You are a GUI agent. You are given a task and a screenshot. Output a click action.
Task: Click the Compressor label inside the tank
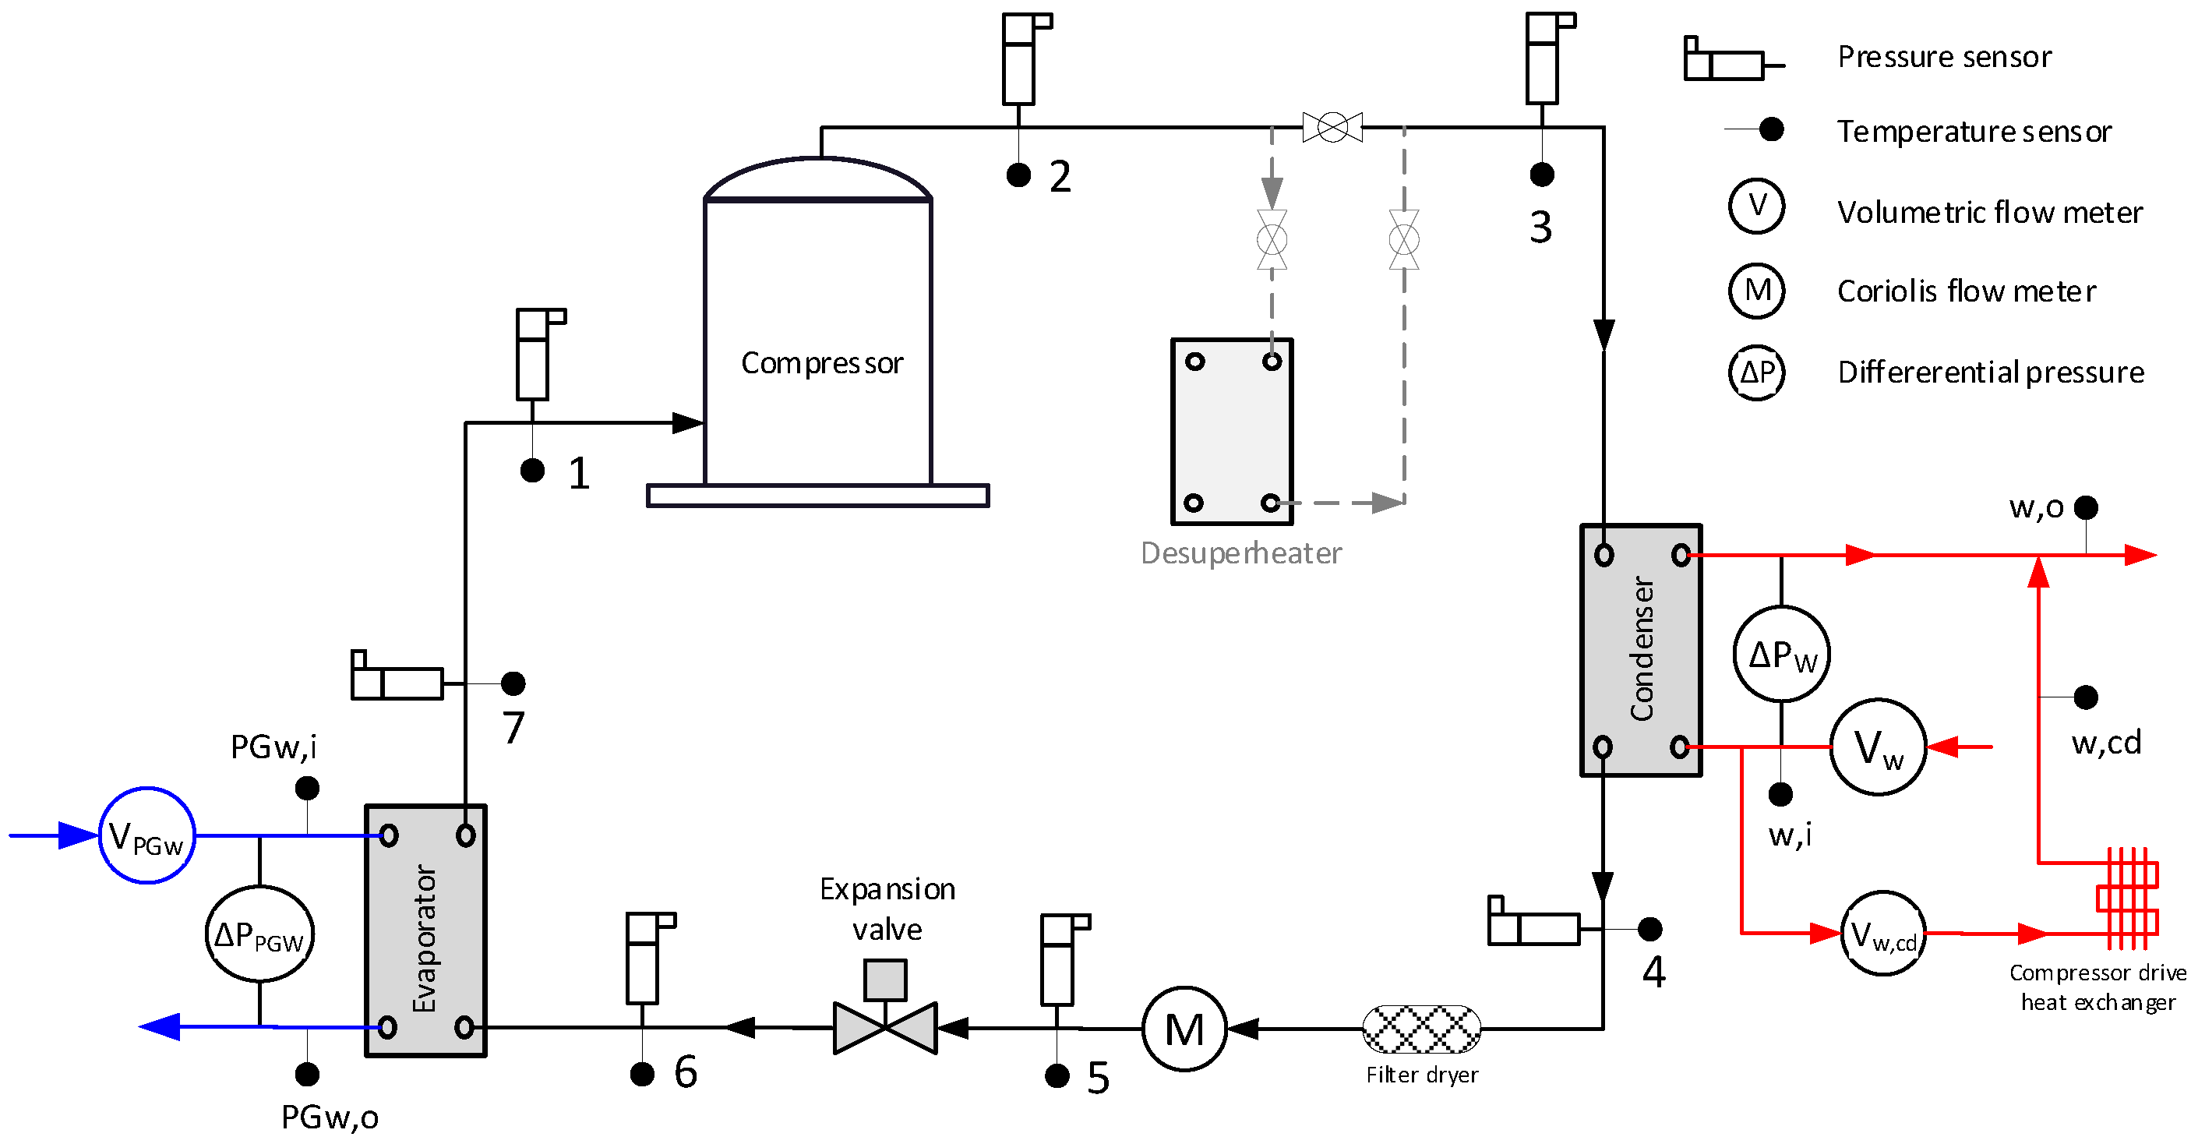(x=821, y=363)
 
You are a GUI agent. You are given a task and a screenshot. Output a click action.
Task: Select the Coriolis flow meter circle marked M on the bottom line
(x=1184, y=1029)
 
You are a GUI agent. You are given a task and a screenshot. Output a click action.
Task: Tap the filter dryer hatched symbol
(x=1421, y=1029)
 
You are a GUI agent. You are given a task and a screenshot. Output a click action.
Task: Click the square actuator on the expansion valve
(x=885, y=979)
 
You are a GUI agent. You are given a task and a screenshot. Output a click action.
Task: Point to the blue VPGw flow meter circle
(x=147, y=835)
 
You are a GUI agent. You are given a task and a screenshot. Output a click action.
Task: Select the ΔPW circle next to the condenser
(x=1781, y=654)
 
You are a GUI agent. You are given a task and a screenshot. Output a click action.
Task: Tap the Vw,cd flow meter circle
(x=1882, y=934)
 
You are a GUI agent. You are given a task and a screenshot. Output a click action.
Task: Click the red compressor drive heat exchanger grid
(x=2127, y=899)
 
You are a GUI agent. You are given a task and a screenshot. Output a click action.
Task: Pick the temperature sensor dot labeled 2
(x=1018, y=175)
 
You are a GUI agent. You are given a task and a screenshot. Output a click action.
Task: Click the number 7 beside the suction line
(x=513, y=728)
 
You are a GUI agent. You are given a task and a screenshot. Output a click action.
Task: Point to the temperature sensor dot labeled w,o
(x=2086, y=508)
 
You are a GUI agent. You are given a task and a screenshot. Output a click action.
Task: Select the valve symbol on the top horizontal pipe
(x=1332, y=128)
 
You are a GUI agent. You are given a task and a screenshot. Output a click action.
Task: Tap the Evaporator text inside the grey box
(x=425, y=938)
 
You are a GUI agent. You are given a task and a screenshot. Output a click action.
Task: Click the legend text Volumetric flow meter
(x=1989, y=213)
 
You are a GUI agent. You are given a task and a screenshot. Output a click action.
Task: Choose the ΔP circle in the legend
(x=1756, y=373)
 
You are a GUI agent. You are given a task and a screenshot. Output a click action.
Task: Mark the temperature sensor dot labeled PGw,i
(x=307, y=789)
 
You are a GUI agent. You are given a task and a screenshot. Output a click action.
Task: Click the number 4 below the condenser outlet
(x=1653, y=971)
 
